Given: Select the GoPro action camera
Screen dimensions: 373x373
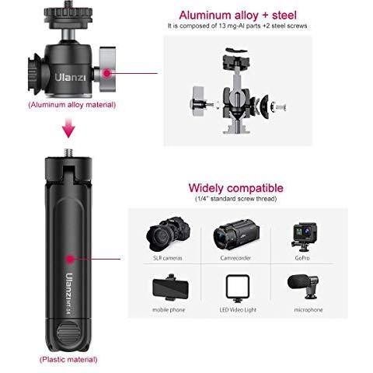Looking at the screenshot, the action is [304, 237].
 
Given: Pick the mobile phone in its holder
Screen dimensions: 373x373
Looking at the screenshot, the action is [170, 288].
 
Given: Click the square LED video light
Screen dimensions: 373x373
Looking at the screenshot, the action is [238, 288].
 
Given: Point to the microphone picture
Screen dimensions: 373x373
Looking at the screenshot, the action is [303, 286].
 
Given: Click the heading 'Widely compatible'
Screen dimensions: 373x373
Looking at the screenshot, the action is [235, 188].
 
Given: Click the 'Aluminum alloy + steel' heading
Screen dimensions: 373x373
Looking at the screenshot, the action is [238, 15].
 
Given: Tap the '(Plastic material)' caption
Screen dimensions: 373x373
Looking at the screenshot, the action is [68, 360].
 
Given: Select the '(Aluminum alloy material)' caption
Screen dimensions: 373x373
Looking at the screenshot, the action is [71, 105].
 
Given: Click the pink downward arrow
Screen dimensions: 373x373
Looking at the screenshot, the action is [68, 128].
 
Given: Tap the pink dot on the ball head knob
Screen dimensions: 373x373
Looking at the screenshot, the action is [106, 73].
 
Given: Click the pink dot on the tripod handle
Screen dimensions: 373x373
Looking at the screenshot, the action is [69, 259].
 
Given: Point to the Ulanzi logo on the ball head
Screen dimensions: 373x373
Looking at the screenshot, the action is [70, 77].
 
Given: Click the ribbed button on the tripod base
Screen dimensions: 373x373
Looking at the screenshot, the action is [69, 333].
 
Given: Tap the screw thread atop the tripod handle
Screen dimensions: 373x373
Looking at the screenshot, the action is [68, 152].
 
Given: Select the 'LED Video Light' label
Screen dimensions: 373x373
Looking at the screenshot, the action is [238, 310].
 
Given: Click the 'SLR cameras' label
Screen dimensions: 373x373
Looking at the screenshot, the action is [168, 258].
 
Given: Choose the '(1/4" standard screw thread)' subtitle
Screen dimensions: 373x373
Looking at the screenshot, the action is [235, 199].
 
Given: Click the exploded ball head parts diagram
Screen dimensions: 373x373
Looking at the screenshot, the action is [238, 91].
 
